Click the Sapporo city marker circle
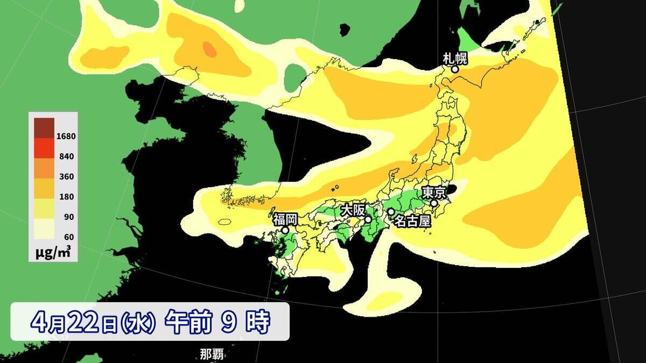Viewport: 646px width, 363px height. click(x=455, y=69)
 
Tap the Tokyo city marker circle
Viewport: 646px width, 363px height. click(x=434, y=203)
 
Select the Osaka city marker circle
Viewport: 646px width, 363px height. click(x=368, y=219)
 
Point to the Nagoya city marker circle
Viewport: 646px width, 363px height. click(x=391, y=212)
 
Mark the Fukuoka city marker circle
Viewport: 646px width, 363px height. click(x=285, y=230)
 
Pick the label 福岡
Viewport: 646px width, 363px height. click(x=285, y=219)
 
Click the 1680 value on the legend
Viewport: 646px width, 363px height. click(x=66, y=136)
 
